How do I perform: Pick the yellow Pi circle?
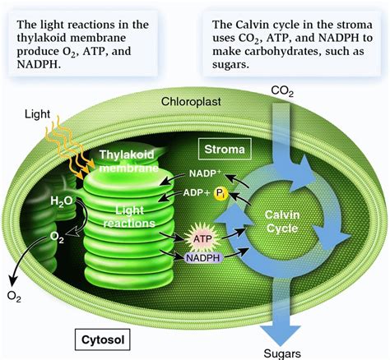coord(221,195)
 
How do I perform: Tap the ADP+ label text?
coord(200,195)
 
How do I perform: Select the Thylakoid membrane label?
coord(126,161)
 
